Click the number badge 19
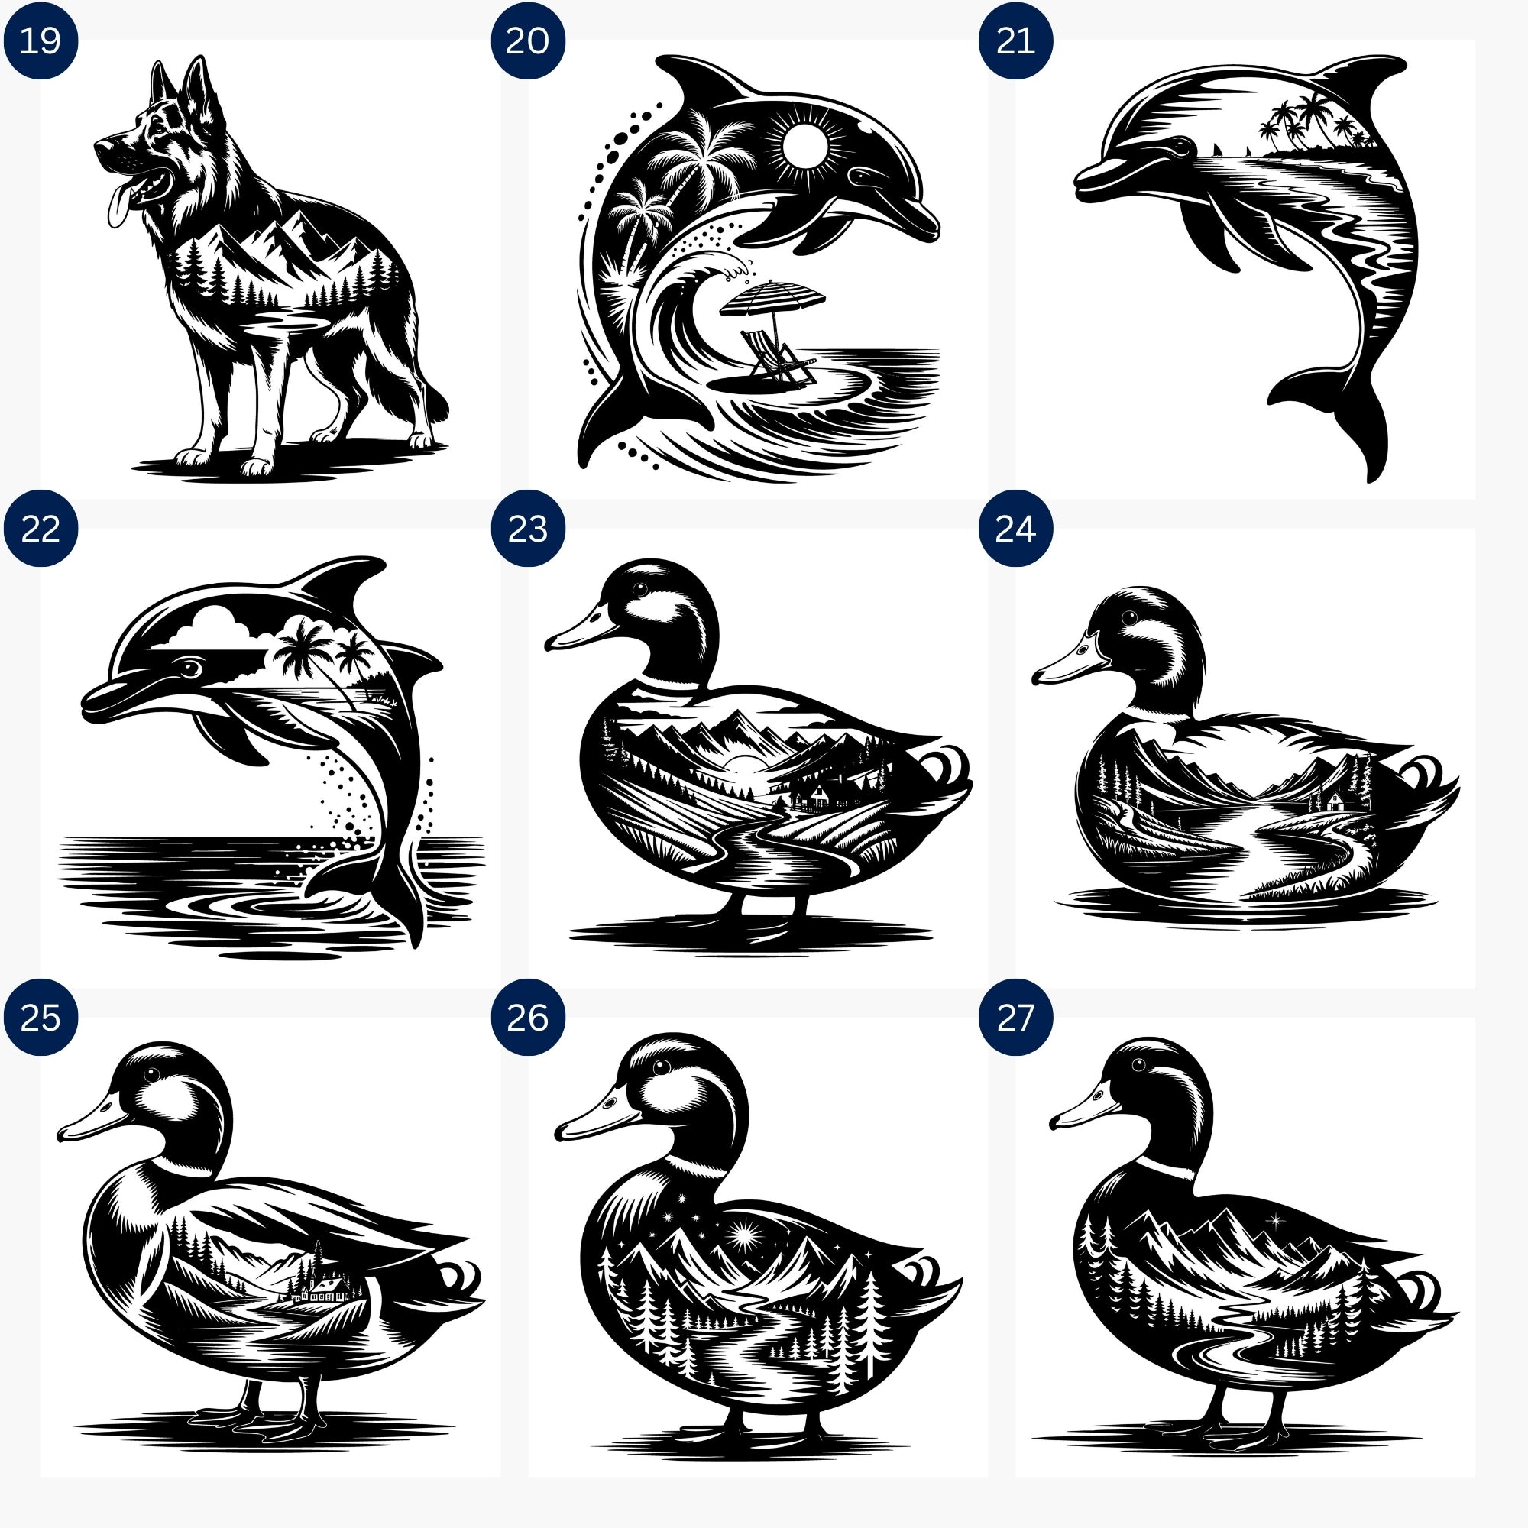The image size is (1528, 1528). coord(40,40)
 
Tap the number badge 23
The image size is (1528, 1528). coord(527,529)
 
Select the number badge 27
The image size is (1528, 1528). coord(1015,1017)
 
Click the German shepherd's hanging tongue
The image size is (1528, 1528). coord(118,205)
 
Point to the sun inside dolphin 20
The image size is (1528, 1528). coord(806,147)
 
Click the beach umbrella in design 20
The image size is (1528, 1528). coord(772,299)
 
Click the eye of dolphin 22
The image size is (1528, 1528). coord(189,669)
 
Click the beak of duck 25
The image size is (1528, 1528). coord(95,1118)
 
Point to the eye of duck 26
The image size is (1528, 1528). coord(662,1067)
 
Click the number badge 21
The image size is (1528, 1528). coord(1015,40)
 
